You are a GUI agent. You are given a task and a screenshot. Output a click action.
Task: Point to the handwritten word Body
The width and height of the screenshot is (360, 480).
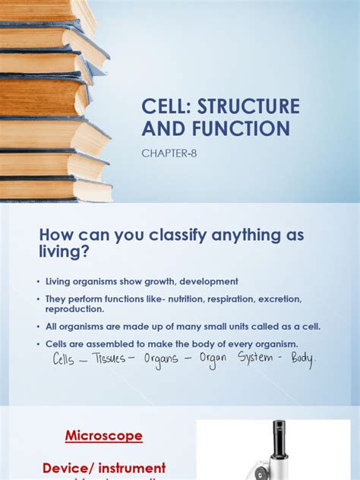pos(297,358)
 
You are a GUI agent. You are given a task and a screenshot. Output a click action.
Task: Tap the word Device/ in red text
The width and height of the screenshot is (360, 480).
pos(82,467)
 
